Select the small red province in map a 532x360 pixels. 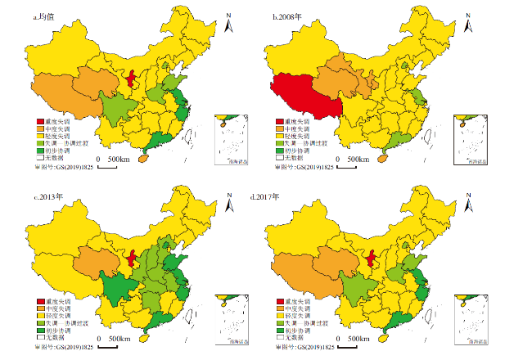pyautogui.click(x=132, y=79)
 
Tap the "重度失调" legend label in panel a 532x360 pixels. pyautogui.click(x=59, y=121)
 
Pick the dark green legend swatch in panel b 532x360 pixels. pyautogui.click(x=277, y=152)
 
